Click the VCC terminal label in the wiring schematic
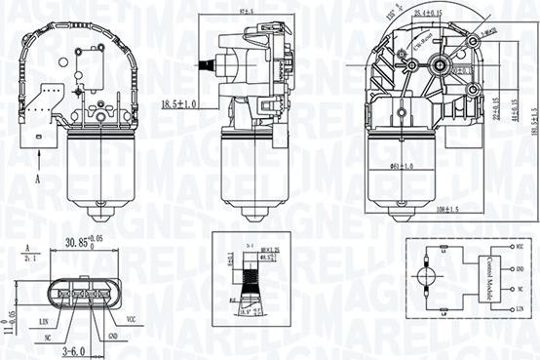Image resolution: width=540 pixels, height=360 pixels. pyautogui.click(x=521, y=252)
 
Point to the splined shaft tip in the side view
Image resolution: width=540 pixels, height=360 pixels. pyautogui.click(x=204, y=66)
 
